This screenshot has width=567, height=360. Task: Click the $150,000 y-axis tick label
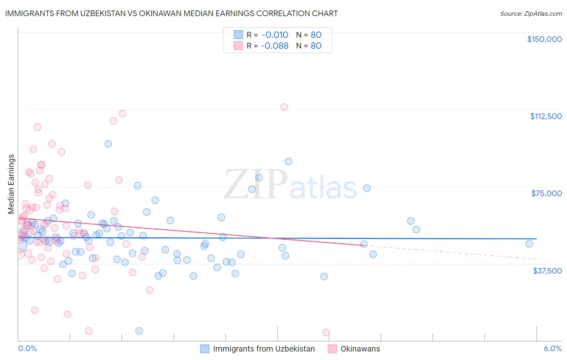tap(544, 39)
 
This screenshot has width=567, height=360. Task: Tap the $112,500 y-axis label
tap(546, 116)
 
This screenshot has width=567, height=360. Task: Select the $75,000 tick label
tap(546, 193)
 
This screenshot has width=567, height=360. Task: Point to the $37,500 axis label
tap(547, 271)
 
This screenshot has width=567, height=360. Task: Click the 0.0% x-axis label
tap(27, 349)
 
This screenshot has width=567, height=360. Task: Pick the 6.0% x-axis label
tap(552, 349)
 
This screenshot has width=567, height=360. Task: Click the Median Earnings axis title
tap(11, 184)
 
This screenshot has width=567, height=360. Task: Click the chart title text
tap(171, 13)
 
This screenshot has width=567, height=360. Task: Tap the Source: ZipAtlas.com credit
tap(531, 14)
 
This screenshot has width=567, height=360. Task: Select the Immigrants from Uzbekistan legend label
tap(264, 349)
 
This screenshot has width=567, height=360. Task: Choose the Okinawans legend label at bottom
tap(360, 349)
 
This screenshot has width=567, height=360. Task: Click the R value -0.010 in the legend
tap(275, 35)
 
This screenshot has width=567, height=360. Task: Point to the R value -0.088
tap(275, 46)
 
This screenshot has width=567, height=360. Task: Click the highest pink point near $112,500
tap(284, 107)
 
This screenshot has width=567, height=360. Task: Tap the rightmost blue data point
tap(529, 243)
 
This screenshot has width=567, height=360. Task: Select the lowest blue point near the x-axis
tap(139, 331)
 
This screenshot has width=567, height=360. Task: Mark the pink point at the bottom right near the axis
tap(326, 333)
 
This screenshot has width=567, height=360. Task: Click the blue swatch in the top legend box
tap(238, 35)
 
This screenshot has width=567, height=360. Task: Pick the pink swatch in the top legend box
tap(238, 46)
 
